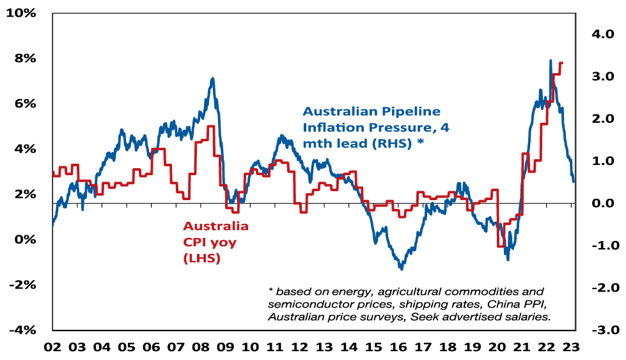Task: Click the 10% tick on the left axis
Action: [24, 13]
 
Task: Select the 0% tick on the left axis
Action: [27, 240]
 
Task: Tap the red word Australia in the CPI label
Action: [216, 226]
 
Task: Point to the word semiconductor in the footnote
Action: [307, 302]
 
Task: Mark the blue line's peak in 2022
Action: [551, 61]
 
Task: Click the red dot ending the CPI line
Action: [561, 63]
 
